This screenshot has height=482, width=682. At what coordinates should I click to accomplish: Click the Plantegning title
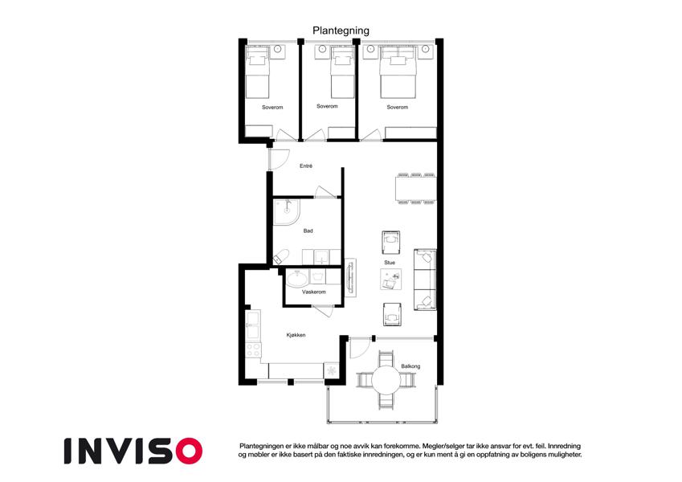[341, 31]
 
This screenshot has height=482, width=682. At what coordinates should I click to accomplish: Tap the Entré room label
[306, 165]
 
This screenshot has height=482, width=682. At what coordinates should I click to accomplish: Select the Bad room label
[308, 231]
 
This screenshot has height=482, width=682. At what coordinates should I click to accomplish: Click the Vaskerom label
[313, 292]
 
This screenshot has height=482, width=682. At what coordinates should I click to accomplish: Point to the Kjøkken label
[296, 335]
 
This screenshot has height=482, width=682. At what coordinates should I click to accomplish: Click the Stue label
[390, 263]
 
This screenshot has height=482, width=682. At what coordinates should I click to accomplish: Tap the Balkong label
[410, 366]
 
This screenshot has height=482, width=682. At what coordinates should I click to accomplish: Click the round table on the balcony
[386, 380]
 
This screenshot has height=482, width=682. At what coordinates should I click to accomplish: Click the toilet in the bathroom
[280, 256]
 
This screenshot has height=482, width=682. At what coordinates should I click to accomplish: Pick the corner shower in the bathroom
[286, 212]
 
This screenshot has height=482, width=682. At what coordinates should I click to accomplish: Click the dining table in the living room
[416, 189]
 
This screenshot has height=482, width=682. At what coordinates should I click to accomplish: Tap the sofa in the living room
[425, 280]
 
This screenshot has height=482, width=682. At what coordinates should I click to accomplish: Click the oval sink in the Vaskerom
[297, 279]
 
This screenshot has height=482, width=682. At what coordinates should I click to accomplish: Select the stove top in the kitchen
[254, 349]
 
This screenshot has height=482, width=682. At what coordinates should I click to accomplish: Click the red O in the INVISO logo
[189, 451]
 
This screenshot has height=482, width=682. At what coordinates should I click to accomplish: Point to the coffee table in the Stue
[391, 279]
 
